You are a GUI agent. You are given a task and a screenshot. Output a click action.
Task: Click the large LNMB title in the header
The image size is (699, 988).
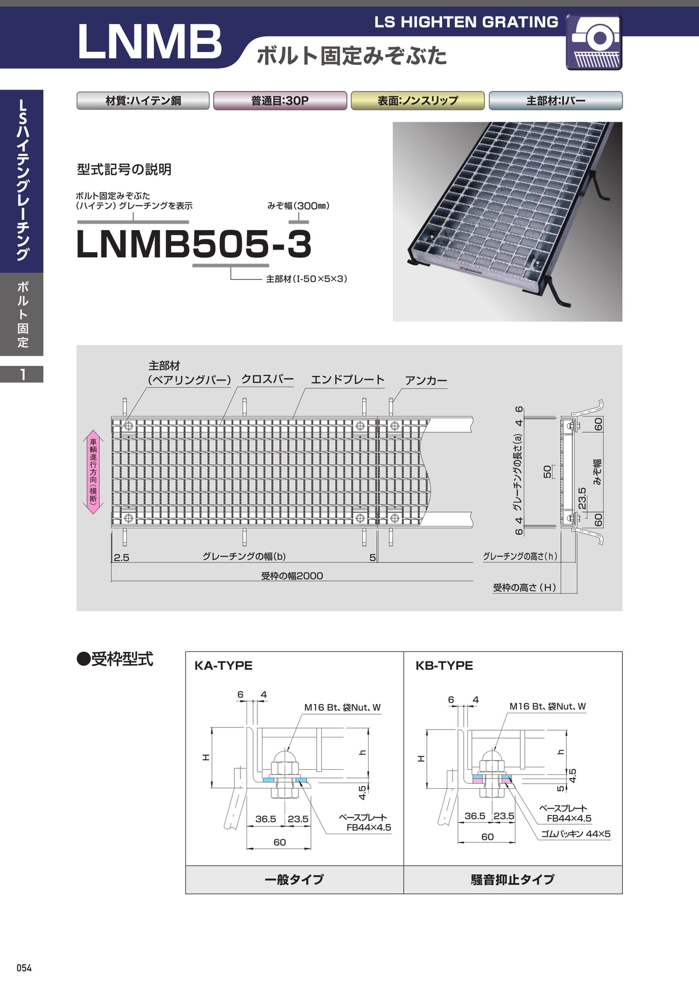coord(149,42)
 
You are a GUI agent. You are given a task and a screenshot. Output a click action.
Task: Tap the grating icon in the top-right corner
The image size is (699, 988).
coord(594,42)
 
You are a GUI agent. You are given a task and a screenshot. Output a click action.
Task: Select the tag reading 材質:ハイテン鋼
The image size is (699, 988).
coord(143,100)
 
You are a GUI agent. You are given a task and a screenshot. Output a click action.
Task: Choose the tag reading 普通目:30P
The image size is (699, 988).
coord(280,100)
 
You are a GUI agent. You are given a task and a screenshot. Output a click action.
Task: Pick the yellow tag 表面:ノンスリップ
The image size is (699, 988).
coord(417,100)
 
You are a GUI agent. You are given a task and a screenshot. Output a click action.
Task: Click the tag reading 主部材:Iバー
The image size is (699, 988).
coord(555,100)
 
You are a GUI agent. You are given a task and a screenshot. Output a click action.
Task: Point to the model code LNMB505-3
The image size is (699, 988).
coord(194,243)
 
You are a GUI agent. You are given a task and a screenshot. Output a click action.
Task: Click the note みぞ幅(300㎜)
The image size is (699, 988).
coord(299,206)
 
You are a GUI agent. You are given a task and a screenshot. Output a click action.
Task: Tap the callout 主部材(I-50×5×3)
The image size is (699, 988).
coord(307,279)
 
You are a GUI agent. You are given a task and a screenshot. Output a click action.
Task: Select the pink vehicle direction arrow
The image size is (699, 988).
coord(93,472)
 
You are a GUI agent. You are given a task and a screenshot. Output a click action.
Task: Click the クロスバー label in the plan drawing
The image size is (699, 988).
coord(268,379)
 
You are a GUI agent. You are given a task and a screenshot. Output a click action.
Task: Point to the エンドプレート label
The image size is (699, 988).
coord(348,380)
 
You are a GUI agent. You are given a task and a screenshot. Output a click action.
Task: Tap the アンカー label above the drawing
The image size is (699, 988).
coord(426,381)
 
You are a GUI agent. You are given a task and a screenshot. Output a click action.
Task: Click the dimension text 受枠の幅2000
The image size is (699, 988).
coord(292,576)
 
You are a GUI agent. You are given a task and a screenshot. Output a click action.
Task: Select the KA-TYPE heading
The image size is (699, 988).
coord(223,665)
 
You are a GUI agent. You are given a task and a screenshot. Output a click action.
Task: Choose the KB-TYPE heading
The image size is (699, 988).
coord(444,665)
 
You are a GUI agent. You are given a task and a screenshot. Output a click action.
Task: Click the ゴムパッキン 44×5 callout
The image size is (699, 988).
coord(575,834)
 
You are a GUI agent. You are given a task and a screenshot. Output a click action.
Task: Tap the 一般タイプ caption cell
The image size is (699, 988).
coord(294,879)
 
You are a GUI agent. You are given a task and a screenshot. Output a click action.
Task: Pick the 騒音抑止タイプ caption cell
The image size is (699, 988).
coord(513,879)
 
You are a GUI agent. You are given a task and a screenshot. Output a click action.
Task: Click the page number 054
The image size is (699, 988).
coord(24,968)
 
